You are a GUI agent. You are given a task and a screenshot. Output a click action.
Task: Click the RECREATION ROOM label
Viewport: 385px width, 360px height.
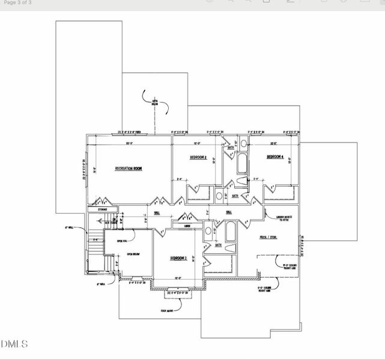coord(129,169)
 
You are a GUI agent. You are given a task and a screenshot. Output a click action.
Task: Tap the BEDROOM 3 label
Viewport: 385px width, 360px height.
coord(198,157)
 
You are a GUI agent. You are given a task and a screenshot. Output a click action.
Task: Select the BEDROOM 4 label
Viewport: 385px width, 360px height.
coord(274,157)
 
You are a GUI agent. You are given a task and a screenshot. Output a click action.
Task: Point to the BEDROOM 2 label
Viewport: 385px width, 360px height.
coord(178,258)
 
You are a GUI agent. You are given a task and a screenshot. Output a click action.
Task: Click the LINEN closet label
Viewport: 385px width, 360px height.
coord(187,226)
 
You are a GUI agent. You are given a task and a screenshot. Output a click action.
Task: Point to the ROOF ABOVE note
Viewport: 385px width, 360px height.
coord(168,311)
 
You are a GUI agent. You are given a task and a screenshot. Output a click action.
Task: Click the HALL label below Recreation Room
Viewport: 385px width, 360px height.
coord(157,212)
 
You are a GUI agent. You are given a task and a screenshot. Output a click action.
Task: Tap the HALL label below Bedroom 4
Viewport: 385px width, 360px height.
coord(229,212)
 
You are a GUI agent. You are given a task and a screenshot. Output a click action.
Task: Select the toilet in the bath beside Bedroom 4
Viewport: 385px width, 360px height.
coord(241,182)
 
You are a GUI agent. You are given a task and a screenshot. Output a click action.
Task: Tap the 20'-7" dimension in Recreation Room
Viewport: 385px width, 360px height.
coord(129,143)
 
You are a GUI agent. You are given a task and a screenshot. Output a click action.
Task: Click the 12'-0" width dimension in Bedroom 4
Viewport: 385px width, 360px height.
coord(273,143)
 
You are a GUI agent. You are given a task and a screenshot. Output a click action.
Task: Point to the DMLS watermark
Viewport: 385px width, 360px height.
coord(14,344)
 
